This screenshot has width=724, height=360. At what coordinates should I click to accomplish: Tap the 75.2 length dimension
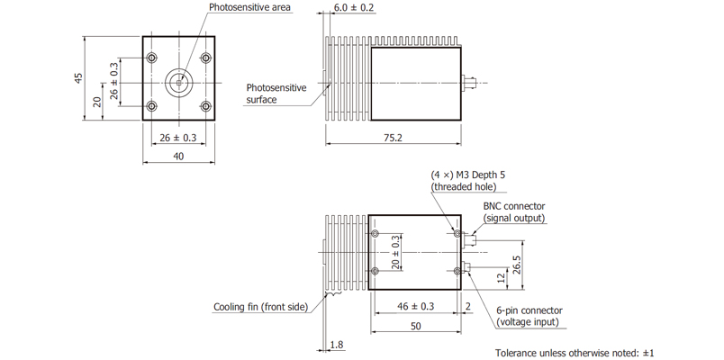click(x=392, y=138)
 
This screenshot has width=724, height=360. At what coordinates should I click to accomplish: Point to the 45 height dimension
click(x=79, y=78)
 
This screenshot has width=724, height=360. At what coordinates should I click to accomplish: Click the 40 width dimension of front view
click(x=178, y=157)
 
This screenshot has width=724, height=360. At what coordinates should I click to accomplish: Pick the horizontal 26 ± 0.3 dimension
click(x=177, y=138)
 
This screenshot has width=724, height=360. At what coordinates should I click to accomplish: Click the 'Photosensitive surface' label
click(x=276, y=94)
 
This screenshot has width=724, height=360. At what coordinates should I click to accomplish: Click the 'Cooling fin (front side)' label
click(x=261, y=307)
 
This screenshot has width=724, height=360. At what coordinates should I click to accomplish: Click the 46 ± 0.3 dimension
click(x=415, y=307)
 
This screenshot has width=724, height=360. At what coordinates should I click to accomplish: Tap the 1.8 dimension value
click(x=337, y=344)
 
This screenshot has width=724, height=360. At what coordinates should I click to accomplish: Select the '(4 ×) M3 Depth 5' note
click(x=466, y=175)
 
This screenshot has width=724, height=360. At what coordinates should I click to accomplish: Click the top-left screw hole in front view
click(x=151, y=58)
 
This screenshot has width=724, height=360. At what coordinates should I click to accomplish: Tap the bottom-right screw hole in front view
click(x=206, y=106)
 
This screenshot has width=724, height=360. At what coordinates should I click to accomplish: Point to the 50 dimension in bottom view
click(x=416, y=326)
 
